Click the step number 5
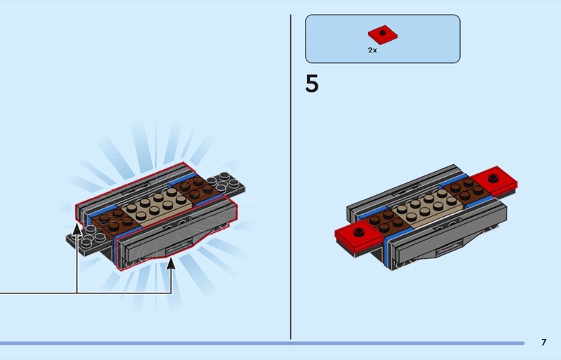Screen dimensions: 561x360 click(x=311, y=84)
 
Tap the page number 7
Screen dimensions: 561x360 click(x=544, y=342)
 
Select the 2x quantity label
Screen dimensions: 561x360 click(x=372, y=50)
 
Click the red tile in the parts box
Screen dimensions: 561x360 click(x=382, y=35)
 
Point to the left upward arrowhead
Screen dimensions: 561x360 click(x=77, y=229)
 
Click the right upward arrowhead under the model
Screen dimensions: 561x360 click(x=171, y=263)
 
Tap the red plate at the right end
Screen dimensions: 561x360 click(x=494, y=181)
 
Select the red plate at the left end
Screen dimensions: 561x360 click(x=358, y=236)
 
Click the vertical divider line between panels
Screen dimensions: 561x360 click(x=290, y=177)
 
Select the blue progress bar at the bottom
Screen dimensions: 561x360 click(x=262, y=343)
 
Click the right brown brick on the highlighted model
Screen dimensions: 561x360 click(x=195, y=188)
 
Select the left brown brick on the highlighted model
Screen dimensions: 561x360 click(x=115, y=220)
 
